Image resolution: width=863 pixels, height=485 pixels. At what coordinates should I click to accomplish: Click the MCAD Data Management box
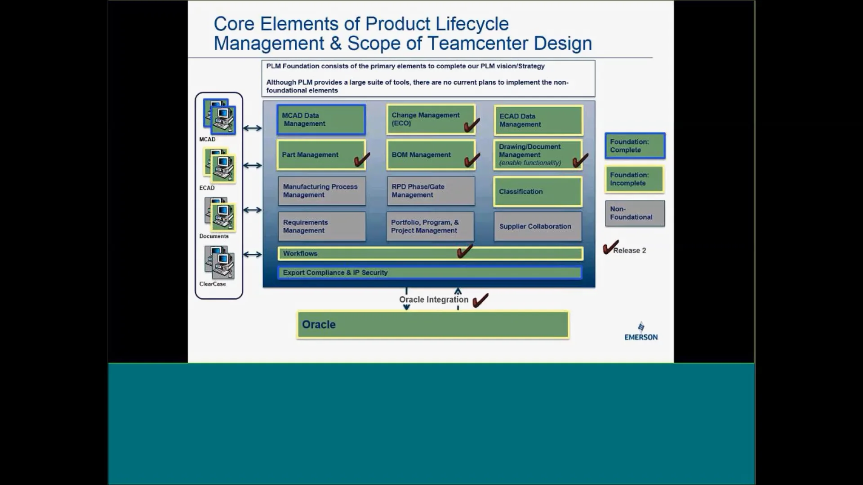pos(321,120)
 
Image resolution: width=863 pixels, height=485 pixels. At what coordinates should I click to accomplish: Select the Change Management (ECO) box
pos(430,119)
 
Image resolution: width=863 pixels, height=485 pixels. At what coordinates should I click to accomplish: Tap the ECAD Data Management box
pos(538,120)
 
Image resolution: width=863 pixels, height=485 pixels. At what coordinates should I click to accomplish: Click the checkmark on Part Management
pos(361,159)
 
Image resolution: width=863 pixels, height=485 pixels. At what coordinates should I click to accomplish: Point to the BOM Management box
pos(430,155)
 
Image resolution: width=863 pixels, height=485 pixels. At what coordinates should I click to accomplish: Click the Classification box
pos(538,192)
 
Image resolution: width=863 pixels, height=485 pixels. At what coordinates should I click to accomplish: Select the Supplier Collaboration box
pos(537,227)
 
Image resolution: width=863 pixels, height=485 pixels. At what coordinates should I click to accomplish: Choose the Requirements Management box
pos(321,227)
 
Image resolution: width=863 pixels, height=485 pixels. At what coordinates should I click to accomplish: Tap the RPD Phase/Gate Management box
pos(430,191)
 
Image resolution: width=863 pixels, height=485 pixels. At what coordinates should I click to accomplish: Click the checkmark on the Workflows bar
pos(464,251)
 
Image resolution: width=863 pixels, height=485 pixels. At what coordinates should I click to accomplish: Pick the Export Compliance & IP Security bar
pos(429,273)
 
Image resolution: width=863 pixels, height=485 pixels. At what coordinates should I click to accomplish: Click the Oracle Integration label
pos(433,300)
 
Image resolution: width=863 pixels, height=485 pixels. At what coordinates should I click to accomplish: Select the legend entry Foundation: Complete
pos(635,146)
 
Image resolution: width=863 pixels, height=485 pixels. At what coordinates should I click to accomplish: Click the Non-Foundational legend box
pos(635,213)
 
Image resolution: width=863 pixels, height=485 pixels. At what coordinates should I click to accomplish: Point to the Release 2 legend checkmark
pos(610,247)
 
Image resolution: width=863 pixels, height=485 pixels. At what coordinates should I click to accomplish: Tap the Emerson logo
pos(641,332)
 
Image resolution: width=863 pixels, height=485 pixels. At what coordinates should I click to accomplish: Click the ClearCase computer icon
pos(219,263)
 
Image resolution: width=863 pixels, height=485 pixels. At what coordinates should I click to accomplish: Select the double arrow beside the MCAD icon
pos(252,128)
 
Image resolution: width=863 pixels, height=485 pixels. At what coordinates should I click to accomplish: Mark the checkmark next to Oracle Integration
pos(480,300)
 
